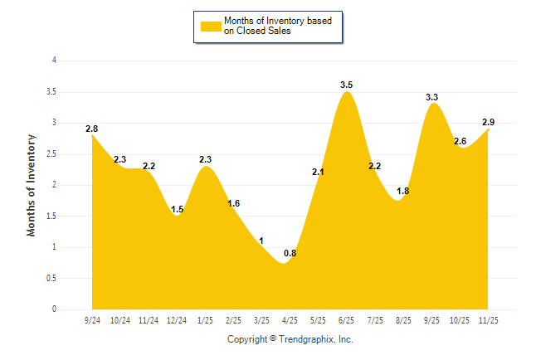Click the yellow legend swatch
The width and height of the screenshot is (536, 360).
coord(210,26)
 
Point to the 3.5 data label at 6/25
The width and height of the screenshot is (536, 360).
coord(347,85)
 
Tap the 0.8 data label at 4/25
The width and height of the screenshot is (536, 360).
coord(290,253)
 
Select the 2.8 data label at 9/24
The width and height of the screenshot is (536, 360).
coord(91,129)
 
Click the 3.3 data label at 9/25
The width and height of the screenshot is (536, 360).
coord(431,97)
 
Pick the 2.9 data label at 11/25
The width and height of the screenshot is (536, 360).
coord(490,122)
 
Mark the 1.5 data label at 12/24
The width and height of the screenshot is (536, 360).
coord(177,209)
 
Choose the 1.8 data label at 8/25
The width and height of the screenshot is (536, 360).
coord(403,191)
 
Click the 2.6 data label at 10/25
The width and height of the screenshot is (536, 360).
coord(460,141)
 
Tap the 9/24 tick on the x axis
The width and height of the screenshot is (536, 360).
coord(92,319)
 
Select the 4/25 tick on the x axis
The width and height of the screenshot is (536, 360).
coord(290,319)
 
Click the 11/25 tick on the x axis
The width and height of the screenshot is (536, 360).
coord(488,319)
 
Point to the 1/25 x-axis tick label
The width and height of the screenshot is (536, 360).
coord(205,319)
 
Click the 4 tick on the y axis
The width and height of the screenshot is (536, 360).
coord(54,61)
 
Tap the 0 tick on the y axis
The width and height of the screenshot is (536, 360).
coord(54,309)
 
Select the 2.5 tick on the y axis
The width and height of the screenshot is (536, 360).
coord(51,153)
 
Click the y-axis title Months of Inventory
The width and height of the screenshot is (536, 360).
coord(32,185)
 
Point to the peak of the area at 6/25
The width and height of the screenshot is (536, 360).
coord(347,92)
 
